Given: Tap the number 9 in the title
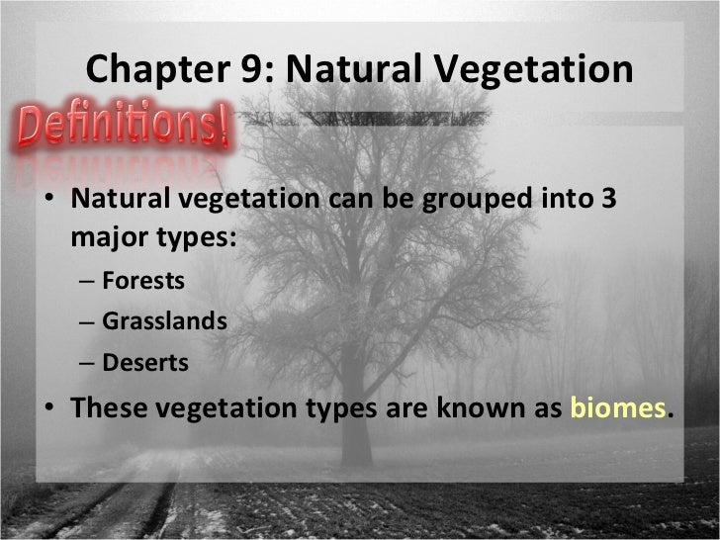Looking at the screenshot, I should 241,70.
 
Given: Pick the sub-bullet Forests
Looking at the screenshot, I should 142,281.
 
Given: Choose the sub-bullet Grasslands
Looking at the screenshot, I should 164,321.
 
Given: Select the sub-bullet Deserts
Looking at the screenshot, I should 144,363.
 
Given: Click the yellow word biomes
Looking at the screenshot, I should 619,408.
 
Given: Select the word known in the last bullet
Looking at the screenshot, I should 486,408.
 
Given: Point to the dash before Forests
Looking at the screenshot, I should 86,282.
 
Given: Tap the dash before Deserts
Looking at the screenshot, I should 86,364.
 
